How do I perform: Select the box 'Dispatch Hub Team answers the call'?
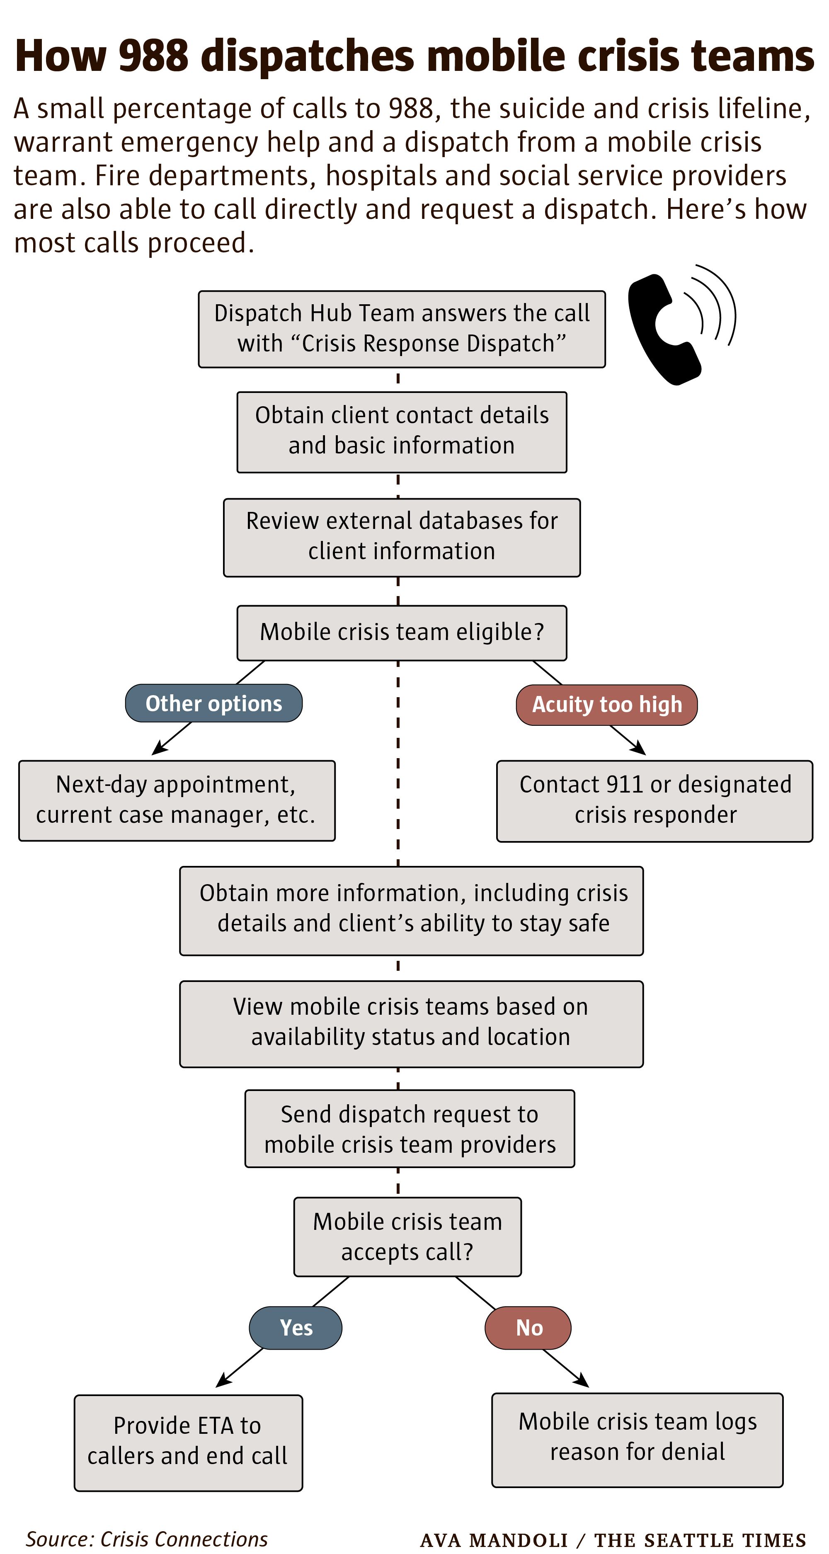[402, 329]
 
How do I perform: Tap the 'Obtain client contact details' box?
[402, 432]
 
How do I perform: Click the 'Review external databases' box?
[402, 538]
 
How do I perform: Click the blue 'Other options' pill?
[213, 703]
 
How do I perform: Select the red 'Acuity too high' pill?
[607, 705]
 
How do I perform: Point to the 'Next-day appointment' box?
[177, 800]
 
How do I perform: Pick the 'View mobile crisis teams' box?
[412, 1024]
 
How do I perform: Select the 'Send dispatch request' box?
[410, 1129]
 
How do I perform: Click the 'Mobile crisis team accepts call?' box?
[408, 1236]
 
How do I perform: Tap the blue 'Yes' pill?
[296, 1328]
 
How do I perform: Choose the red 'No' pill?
[528, 1328]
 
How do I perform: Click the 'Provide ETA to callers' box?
[188, 1442]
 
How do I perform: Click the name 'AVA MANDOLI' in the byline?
[494, 1540]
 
